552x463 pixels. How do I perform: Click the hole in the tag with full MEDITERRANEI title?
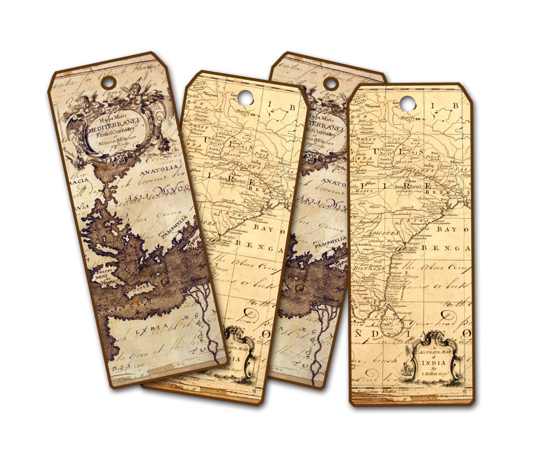pos(109,82)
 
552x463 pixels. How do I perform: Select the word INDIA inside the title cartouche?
pos(434,363)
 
